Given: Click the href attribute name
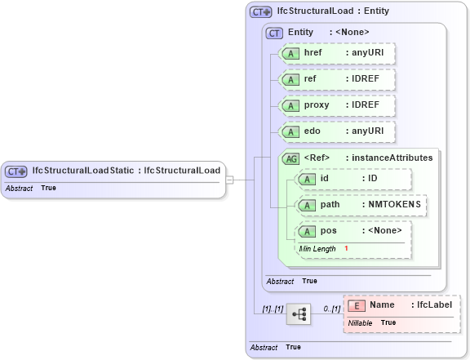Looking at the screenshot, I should click(x=313, y=53).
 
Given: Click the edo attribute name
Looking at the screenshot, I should click(x=312, y=131).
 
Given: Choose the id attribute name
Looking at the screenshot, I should click(x=324, y=178).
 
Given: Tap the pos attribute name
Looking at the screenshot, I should click(x=327, y=231).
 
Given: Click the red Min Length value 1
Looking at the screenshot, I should click(x=346, y=248).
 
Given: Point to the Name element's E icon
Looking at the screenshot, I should click(x=356, y=305).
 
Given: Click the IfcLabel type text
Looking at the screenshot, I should click(x=435, y=305).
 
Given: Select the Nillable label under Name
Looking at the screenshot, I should click(x=361, y=323).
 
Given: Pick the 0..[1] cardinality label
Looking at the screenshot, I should click(x=330, y=309).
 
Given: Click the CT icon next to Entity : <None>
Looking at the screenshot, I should click(x=274, y=32).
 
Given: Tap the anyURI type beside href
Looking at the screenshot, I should click(x=367, y=53).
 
